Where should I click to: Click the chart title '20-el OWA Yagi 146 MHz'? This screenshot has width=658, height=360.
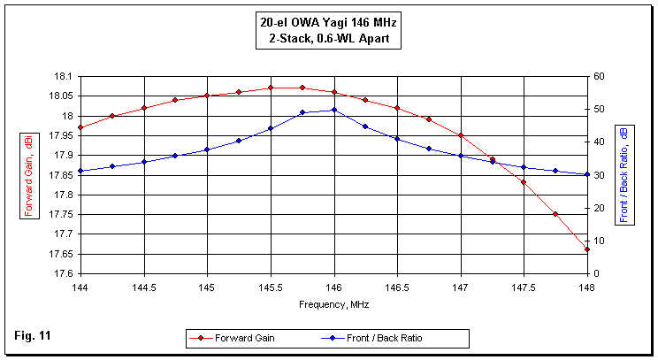click(328, 23)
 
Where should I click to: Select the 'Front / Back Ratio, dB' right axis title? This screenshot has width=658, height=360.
click(624, 174)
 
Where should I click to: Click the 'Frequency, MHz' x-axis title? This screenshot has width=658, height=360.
click(333, 303)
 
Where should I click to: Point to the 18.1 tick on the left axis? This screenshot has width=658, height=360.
click(62, 77)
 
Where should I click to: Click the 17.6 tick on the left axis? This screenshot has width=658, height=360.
click(62, 273)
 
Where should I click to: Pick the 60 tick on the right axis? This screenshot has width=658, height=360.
click(599, 77)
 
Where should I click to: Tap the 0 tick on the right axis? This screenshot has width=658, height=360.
click(596, 273)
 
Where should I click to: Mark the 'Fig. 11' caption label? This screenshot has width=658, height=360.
click(32, 336)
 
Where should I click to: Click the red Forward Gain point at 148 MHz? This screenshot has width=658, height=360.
click(587, 249)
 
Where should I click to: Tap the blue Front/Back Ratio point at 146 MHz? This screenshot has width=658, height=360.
click(333, 110)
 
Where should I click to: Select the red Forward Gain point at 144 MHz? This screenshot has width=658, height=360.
click(80, 127)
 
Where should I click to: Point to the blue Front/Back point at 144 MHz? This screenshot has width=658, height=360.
click(80, 171)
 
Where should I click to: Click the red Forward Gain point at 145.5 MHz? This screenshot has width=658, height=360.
click(271, 88)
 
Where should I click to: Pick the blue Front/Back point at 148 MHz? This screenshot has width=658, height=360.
click(587, 174)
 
